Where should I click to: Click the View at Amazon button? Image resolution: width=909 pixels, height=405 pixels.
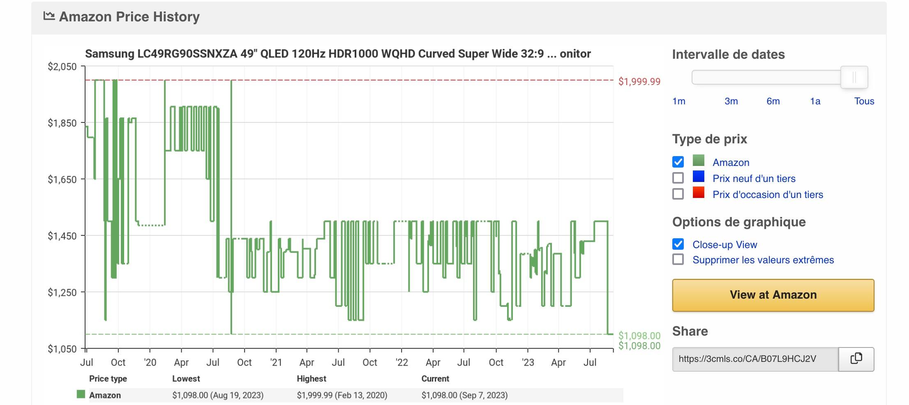773,295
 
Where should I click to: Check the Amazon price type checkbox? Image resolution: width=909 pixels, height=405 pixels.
678,162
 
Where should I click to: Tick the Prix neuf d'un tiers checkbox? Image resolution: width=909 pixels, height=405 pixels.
678,178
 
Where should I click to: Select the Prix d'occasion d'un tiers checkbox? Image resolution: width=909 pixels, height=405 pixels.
678,194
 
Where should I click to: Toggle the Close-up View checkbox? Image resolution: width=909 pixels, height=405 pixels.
678,244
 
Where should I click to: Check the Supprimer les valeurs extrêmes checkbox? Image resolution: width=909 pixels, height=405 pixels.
678,260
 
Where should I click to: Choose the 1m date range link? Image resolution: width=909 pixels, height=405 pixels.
679,101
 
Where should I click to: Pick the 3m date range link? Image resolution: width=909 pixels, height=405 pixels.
731,101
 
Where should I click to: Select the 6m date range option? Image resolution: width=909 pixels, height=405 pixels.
773,101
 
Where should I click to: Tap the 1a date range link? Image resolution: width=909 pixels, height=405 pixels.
815,101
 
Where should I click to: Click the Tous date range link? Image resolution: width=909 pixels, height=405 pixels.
864,101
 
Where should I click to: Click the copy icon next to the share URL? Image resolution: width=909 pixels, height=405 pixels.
856,359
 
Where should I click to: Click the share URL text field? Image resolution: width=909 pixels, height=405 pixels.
755,359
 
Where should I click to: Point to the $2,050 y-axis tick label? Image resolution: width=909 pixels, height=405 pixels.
62,67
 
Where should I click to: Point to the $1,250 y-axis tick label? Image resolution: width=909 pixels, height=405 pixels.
62,292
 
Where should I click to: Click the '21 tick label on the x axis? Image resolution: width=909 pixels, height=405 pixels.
276,362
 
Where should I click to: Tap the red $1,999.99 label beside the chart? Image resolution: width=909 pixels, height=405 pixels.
639,81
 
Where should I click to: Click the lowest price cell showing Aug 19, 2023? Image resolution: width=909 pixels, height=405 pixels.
218,395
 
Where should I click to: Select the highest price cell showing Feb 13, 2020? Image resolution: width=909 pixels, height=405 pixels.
342,395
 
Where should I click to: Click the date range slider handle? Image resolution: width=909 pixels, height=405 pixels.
854,77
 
